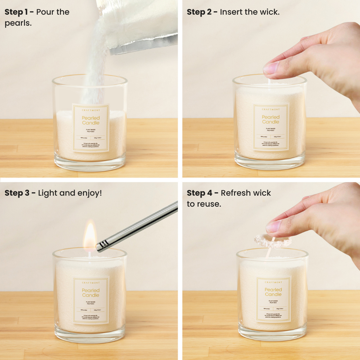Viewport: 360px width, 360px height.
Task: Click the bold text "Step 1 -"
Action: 19,12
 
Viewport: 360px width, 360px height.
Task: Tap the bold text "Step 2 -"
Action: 202,12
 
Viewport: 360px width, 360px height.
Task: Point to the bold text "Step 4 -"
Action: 202,193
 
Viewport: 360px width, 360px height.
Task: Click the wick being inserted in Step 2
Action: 269,82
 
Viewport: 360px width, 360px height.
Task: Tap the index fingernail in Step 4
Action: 273,226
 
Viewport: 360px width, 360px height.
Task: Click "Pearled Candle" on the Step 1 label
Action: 91,120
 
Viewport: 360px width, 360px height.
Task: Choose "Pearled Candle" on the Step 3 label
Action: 91,293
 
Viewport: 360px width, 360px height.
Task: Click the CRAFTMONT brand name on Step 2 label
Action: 271,109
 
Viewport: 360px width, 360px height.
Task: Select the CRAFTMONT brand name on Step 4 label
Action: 273,282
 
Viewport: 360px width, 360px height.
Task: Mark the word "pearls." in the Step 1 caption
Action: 18,23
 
